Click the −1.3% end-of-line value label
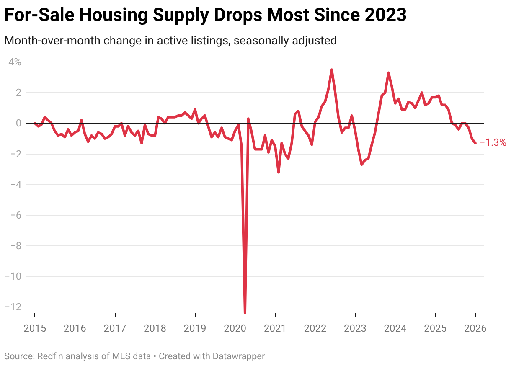(493, 142)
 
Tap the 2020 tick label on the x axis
(235, 328)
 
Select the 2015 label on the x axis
(34, 328)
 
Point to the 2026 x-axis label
(475, 328)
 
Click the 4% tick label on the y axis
(15, 62)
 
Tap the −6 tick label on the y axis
(15, 215)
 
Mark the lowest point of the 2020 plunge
(245, 313)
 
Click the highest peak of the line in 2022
(331, 70)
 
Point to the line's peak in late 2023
(388, 73)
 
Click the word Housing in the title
(112, 15)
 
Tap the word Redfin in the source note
(51, 356)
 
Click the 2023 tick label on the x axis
(355, 328)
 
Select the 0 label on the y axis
(18, 123)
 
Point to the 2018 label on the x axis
(155, 328)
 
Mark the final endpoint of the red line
(475, 143)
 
